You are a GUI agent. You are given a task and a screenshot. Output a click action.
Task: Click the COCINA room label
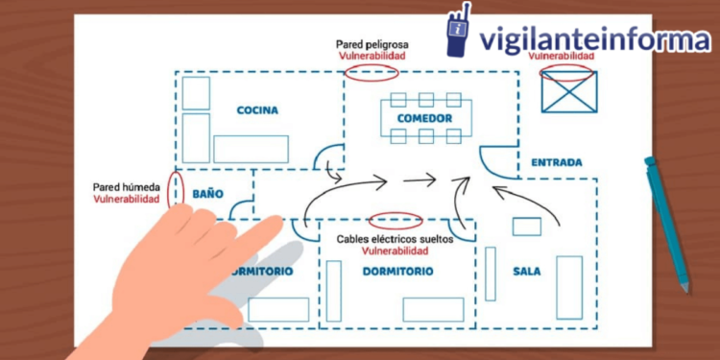pos(257,110)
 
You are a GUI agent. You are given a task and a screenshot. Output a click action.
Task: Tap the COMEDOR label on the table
pos(424,118)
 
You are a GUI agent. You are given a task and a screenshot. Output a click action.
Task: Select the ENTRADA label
pos(556,162)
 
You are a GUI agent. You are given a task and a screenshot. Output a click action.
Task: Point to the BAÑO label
pos(207,194)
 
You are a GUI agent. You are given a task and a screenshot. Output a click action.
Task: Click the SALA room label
pos(526,272)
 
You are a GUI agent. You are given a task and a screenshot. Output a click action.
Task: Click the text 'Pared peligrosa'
pos(371,44)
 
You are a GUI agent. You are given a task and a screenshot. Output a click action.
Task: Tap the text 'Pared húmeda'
pos(126,187)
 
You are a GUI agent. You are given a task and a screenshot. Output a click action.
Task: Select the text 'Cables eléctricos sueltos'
pos(395,238)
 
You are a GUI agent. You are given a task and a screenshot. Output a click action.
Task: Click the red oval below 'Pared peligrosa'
pos(371,74)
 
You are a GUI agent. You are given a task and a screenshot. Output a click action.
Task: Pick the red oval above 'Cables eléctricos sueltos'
pos(396,218)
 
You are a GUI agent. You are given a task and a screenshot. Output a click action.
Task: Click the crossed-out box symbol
pos(568,92)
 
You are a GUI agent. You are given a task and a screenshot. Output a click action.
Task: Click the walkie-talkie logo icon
pos(459,32)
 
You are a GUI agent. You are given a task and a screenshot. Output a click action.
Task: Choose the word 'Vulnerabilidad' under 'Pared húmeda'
pos(126,200)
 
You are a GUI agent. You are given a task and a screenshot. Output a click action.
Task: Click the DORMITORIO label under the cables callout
pos(397,272)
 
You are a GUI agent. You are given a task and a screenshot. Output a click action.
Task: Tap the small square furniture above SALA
pos(526,227)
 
